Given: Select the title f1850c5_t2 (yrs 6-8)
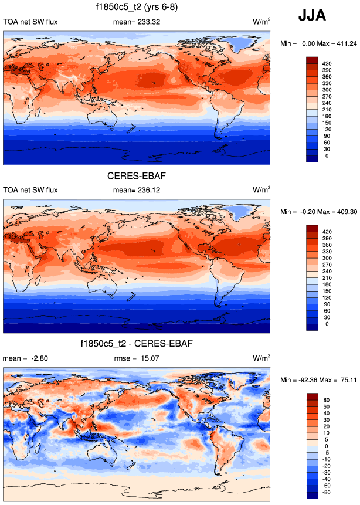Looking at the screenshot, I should [137, 8].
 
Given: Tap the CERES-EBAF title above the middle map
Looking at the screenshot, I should [137, 175].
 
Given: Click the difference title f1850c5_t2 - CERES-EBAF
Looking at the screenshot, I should [137, 343].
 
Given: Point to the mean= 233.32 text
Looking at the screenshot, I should [136, 22].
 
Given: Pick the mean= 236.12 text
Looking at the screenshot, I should [136, 190].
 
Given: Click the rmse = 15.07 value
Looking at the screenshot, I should [136, 358].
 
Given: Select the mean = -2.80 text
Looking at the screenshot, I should [21, 358].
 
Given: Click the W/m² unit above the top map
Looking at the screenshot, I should [261, 22].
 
